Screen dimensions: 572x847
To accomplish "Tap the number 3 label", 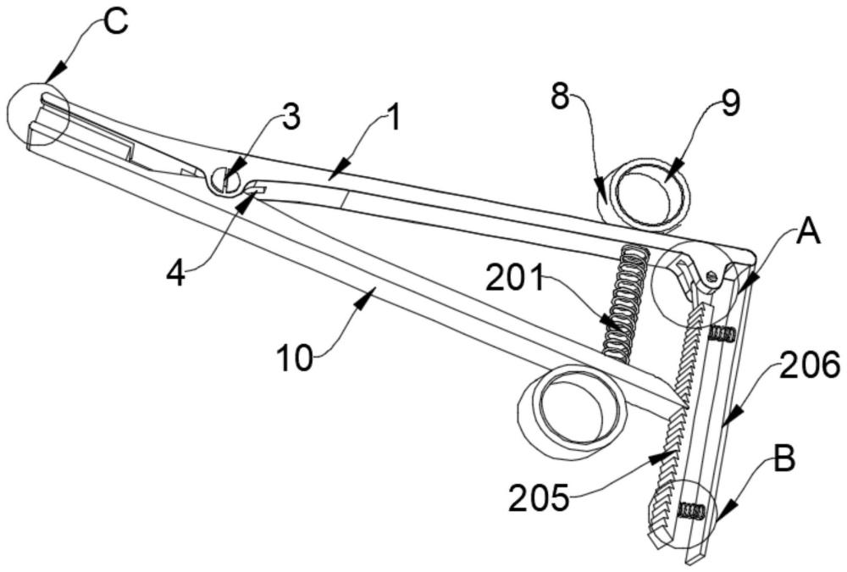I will pyautogui.click(x=291, y=118).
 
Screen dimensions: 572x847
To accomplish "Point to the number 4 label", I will pyautogui.click(x=175, y=274).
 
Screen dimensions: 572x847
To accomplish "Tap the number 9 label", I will pyautogui.click(x=730, y=103).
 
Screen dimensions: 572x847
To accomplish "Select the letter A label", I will pyautogui.click(x=808, y=231).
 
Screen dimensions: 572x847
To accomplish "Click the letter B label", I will pyautogui.click(x=784, y=461).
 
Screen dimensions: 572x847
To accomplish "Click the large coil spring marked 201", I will pyautogui.click(x=627, y=301).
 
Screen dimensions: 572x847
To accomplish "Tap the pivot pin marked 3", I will pyautogui.click(x=226, y=180).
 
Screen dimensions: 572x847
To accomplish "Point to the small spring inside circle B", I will pyautogui.click(x=693, y=510).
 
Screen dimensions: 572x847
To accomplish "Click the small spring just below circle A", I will pyautogui.click(x=721, y=334).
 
